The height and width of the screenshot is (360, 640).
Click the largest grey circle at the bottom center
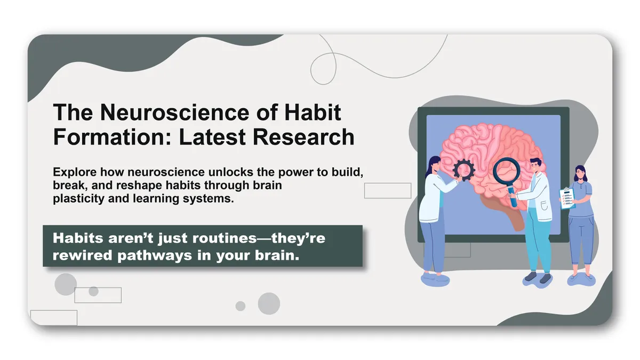click(x=269, y=303)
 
